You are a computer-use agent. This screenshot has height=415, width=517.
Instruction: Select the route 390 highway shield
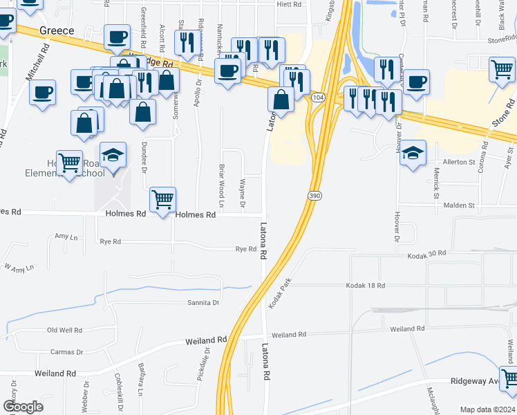click(314, 196)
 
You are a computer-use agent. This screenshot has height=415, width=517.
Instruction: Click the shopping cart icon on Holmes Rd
click(162, 200)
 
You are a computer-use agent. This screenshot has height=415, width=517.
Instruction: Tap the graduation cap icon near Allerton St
click(413, 153)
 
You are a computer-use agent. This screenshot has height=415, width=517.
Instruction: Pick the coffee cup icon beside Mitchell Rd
click(42, 93)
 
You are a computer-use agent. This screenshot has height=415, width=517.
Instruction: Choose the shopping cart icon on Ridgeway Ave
click(509, 378)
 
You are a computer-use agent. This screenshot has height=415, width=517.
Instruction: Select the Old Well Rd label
click(65, 331)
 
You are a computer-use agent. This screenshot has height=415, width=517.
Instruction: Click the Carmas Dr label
click(67, 352)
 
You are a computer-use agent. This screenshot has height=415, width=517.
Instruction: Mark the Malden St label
click(459, 205)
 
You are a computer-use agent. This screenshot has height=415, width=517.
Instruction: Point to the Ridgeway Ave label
click(474, 381)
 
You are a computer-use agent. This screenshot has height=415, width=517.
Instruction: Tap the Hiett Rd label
click(290, 4)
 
